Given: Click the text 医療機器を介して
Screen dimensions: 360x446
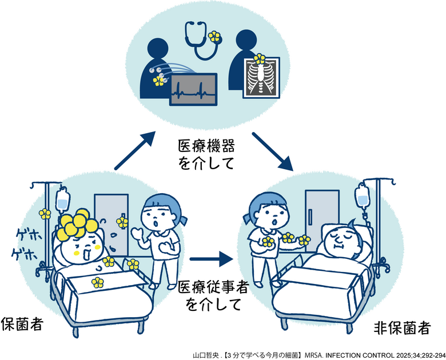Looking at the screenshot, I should tap(207, 156).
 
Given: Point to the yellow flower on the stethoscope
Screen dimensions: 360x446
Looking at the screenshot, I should tap(214, 37).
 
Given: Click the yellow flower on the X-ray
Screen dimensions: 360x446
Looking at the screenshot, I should tap(259, 58).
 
